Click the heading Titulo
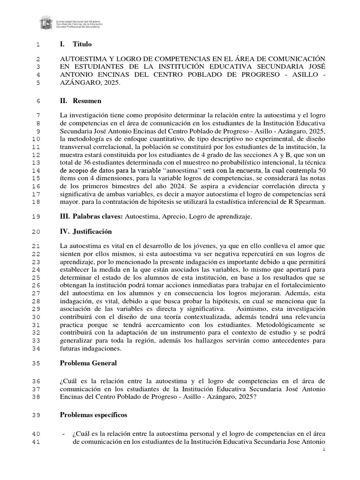[82, 44]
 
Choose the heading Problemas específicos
[93, 415]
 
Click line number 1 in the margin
[38, 45]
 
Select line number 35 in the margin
[36, 363]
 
